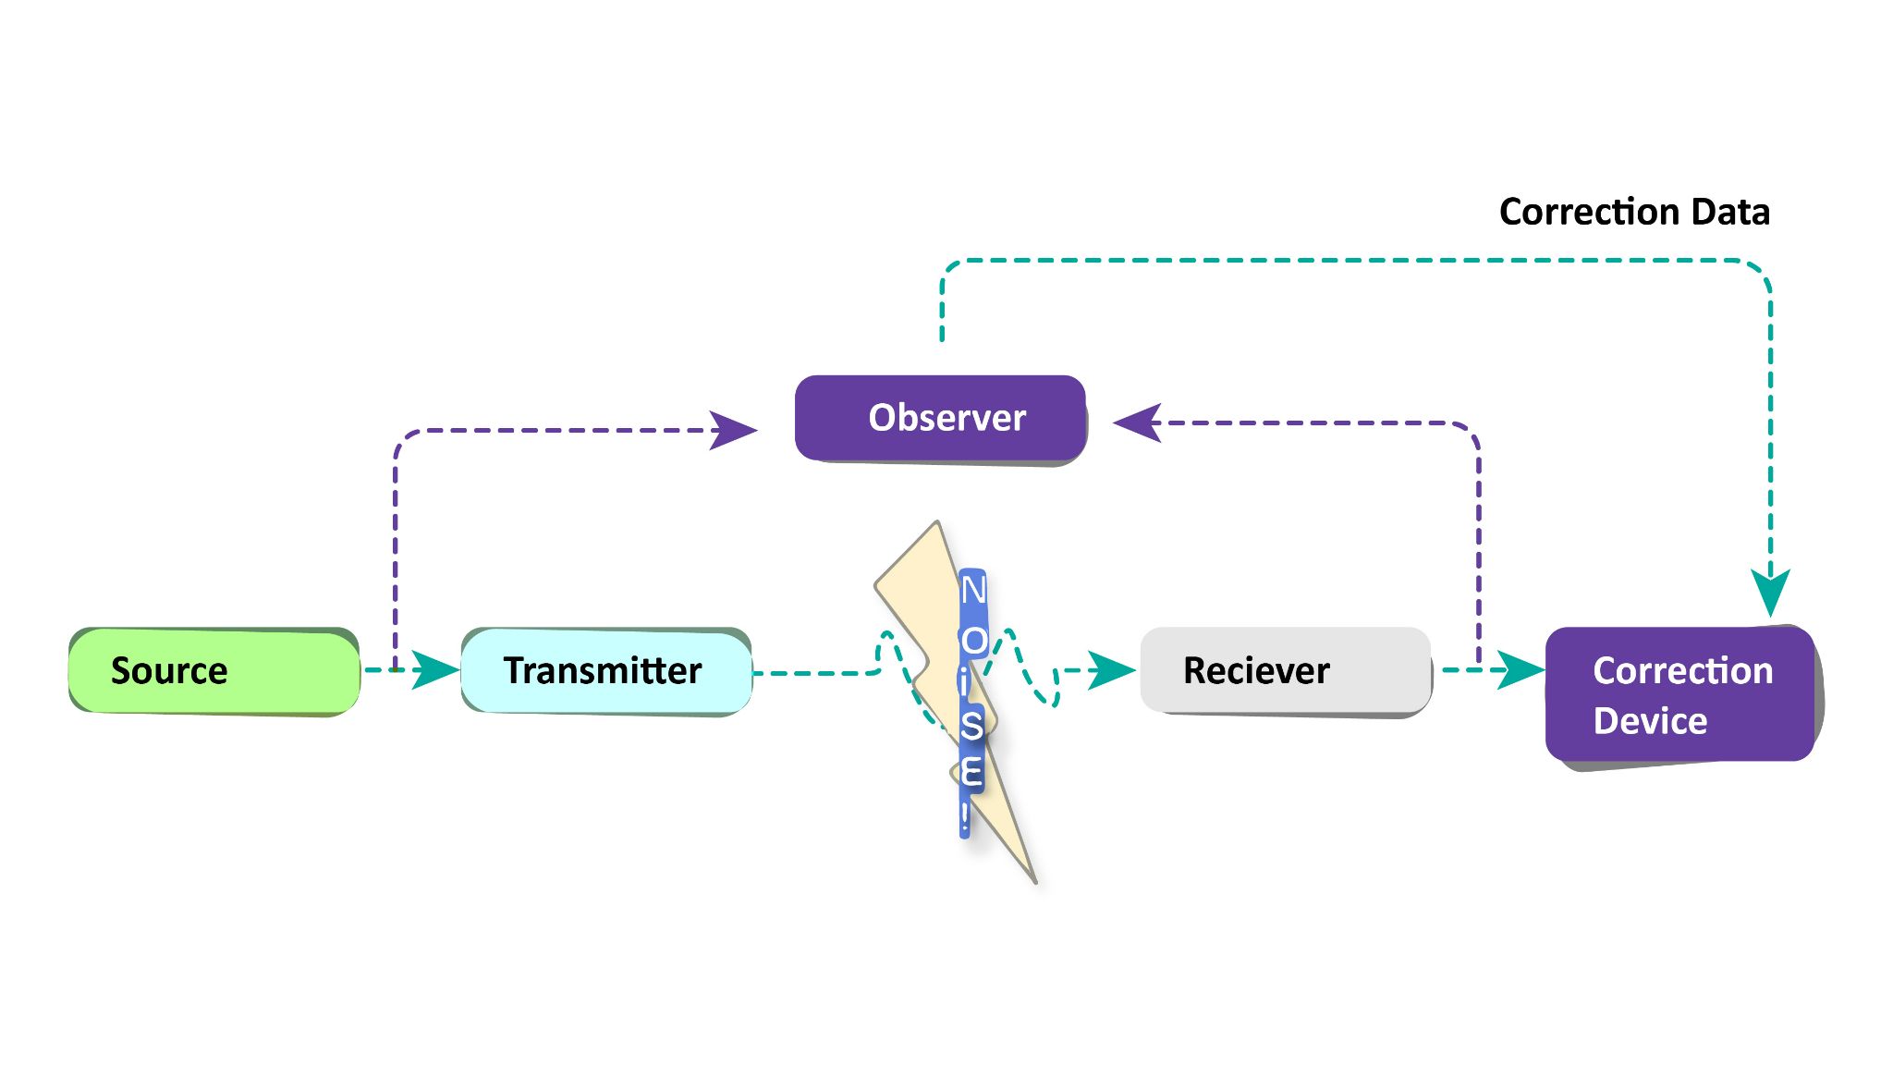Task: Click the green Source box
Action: tap(214, 671)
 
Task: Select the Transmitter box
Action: tap(605, 671)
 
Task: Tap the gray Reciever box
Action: tap(1285, 670)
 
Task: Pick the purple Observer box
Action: tap(940, 418)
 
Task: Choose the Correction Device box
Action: tap(1680, 694)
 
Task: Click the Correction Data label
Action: tap(1633, 212)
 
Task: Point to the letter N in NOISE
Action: tap(973, 590)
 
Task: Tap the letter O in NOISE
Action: tap(973, 640)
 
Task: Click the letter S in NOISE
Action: tap(971, 726)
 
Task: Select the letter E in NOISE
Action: tap(971, 772)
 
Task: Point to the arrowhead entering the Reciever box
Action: tap(1111, 670)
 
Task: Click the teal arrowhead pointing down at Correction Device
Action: tap(1770, 592)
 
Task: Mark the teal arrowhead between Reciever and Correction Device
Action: tap(1521, 669)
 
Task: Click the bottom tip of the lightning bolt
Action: tap(1034, 881)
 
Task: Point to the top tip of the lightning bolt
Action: tap(937, 523)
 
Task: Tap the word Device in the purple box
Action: tap(1650, 721)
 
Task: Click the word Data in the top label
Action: tap(1730, 212)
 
